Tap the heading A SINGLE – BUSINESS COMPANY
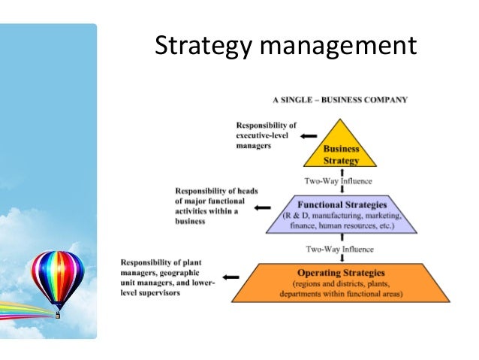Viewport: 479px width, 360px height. (340, 99)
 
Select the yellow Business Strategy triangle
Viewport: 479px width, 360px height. (341, 150)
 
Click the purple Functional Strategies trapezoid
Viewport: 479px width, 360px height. (342, 214)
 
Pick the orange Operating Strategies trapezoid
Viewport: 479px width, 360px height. (342, 282)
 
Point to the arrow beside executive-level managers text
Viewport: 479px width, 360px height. (308, 136)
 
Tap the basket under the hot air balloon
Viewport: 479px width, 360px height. (57, 315)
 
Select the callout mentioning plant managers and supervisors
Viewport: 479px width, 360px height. (168, 277)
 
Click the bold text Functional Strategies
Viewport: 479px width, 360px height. (342, 204)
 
